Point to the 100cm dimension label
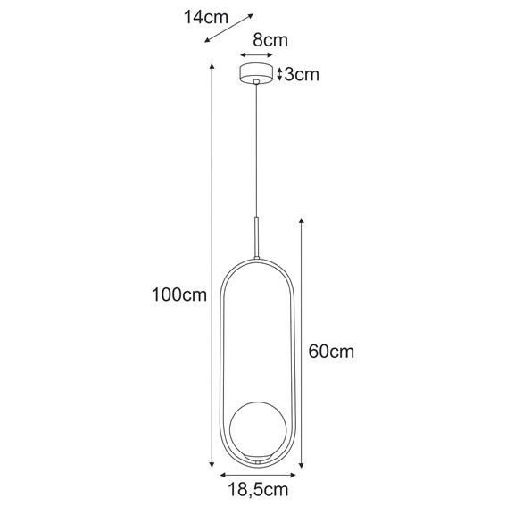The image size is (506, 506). tap(173, 294)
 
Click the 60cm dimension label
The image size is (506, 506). tap(331, 351)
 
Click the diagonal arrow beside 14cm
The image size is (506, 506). tap(228, 28)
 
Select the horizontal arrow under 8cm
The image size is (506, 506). tap(257, 55)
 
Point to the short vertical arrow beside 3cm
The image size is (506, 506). tap(279, 74)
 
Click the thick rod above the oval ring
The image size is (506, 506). tap(257, 236)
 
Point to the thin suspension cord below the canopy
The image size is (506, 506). tap(257, 152)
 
